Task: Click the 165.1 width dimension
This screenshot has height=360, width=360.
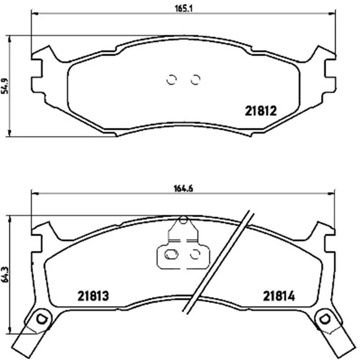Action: [184, 8]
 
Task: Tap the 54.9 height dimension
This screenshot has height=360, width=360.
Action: [5, 86]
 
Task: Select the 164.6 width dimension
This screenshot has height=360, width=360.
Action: [184, 189]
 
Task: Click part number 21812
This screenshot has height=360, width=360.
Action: [261, 111]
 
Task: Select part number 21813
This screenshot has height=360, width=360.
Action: [93, 296]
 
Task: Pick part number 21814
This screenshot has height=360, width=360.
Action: [279, 296]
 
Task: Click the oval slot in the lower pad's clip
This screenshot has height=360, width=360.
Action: [171, 254]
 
